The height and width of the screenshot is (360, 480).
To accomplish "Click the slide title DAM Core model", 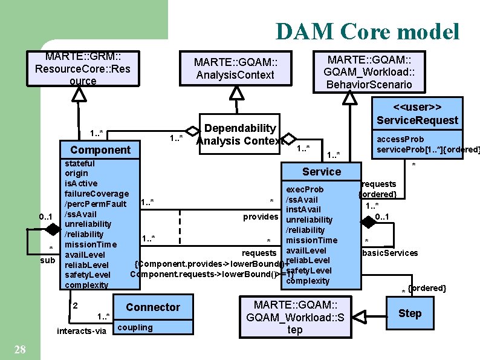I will tap(367, 31).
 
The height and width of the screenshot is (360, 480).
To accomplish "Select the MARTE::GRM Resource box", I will tap(83, 69).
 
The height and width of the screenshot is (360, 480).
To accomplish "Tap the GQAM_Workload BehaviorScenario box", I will tap(369, 71).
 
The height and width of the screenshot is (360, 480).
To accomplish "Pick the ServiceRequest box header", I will tap(417, 113).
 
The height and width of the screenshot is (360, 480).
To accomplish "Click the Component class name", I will tap(100, 149).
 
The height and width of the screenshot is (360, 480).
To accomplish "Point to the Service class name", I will tap(321, 171).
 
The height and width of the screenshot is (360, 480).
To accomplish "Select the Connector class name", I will tap(152, 307).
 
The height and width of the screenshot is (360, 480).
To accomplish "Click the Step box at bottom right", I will tap(409, 313).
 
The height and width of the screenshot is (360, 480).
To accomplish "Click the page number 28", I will tap(19, 349).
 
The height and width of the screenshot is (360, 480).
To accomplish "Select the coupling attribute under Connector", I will tap(136, 327).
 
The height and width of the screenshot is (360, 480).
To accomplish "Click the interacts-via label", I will tap(81, 331).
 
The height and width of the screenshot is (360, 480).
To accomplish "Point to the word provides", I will tap(260, 216).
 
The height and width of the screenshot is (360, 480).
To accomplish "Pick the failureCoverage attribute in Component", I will tap(97, 193).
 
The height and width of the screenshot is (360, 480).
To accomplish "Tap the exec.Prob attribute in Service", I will tap(305, 189).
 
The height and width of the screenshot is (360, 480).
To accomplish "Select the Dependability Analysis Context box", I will tap(240, 135).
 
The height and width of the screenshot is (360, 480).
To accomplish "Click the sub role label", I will tap(48, 260).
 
